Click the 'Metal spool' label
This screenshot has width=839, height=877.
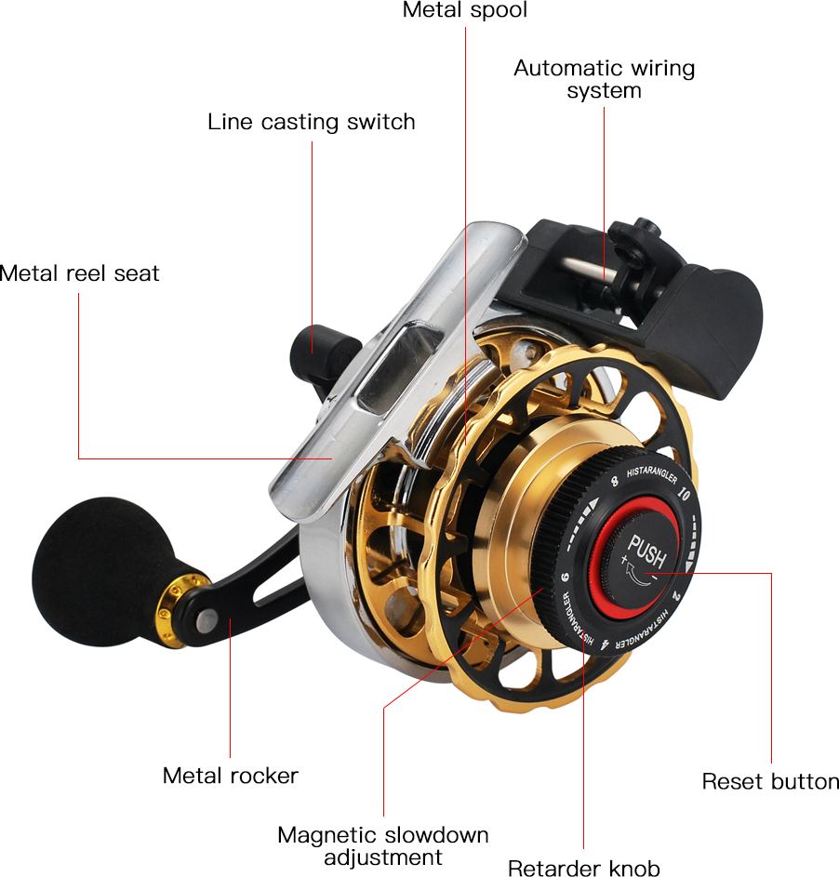pos(465,10)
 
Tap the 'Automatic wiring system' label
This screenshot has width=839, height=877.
pos(604,79)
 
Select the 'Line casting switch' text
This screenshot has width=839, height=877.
pos(312,122)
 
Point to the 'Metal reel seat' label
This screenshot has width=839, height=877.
pos(79,273)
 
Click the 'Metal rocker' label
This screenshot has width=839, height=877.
pos(231,776)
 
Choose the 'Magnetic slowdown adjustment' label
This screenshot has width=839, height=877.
pos(383,845)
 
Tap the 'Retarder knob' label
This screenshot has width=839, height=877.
pos(584,868)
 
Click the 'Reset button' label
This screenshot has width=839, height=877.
pos(770,781)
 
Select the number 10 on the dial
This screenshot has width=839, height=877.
pos(684,493)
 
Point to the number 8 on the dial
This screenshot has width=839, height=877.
pos(615,481)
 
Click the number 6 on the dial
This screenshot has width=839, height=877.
pos(566,577)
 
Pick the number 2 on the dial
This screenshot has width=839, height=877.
pos(676,596)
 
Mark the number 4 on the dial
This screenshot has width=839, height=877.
pos(606,644)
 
